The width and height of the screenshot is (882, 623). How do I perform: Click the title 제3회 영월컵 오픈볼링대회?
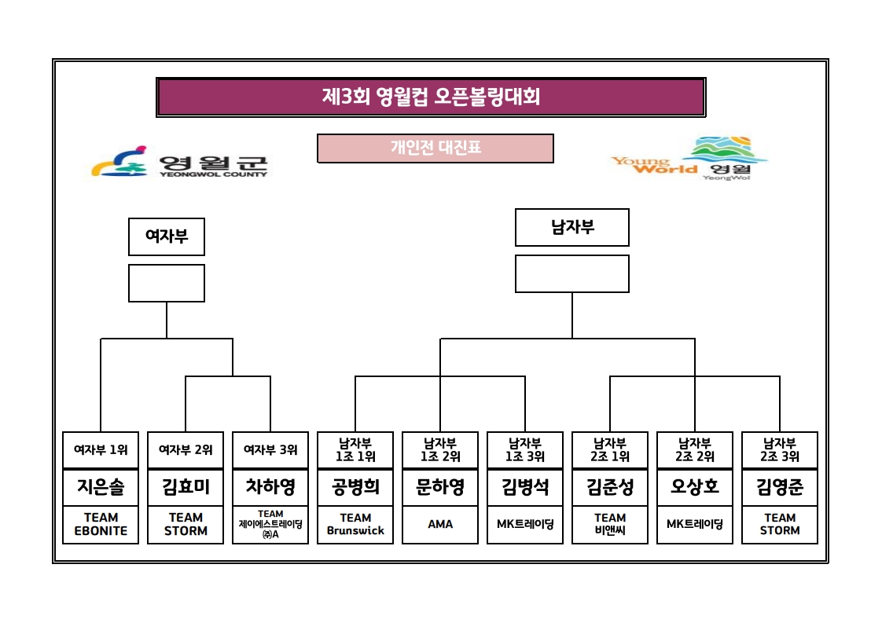click(x=431, y=97)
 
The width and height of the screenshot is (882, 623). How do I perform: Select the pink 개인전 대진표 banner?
click(x=435, y=148)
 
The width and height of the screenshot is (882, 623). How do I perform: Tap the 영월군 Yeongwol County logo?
click(x=180, y=162)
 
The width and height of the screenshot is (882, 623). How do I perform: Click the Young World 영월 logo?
click(x=689, y=159)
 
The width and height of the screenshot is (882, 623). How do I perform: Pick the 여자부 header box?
click(x=167, y=236)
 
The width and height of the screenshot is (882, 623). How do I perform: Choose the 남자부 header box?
click(x=572, y=227)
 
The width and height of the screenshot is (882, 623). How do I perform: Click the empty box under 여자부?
click(x=167, y=283)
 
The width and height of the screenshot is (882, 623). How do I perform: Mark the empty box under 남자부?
click(x=572, y=273)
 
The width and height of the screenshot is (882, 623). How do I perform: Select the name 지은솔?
click(x=101, y=487)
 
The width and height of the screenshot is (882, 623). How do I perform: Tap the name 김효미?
click(x=186, y=487)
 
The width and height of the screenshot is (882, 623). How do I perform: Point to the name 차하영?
click(x=270, y=487)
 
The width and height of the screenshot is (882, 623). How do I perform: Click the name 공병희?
click(x=355, y=487)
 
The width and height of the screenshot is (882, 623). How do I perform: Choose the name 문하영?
click(x=440, y=487)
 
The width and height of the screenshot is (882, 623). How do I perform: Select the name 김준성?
click(x=610, y=487)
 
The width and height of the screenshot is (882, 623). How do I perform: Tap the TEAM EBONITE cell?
click(x=101, y=524)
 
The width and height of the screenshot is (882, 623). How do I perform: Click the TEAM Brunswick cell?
click(x=355, y=524)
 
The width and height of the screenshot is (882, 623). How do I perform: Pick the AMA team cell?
click(x=440, y=524)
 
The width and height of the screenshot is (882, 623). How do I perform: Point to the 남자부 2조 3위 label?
click(x=780, y=449)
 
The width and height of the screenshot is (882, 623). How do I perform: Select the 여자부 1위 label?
click(x=101, y=450)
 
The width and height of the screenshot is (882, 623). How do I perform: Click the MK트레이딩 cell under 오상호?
click(x=695, y=524)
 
